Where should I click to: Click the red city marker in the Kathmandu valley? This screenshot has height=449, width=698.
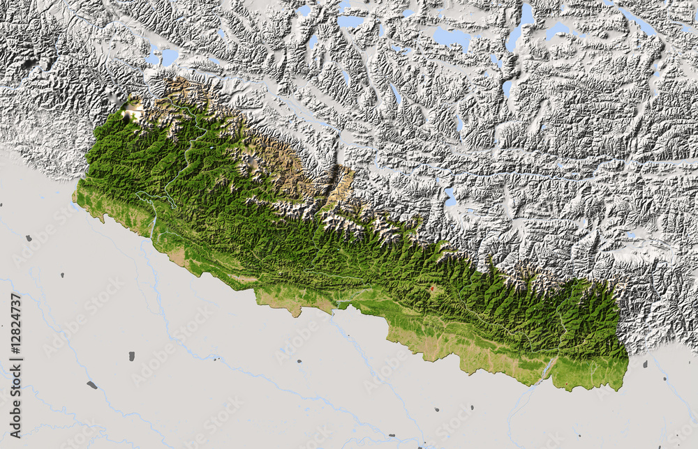(x=431, y=288)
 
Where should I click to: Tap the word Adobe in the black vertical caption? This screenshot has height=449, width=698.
(x=16, y=418)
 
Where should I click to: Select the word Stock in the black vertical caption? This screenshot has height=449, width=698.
(x=16, y=386)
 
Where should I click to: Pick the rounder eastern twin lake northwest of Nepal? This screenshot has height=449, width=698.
(x=170, y=56)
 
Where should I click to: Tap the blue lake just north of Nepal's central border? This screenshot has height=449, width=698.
(x=451, y=198)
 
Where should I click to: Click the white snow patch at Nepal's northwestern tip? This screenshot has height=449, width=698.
(x=132, y=107)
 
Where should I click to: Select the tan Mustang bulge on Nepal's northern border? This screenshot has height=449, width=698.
(x=342, y=185)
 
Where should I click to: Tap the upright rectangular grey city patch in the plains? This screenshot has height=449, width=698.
(x=131, y=356)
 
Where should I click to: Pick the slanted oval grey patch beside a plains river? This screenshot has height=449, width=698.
(x=92, y=385)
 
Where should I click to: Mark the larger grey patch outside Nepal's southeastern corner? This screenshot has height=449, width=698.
(x=644, y=364)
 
